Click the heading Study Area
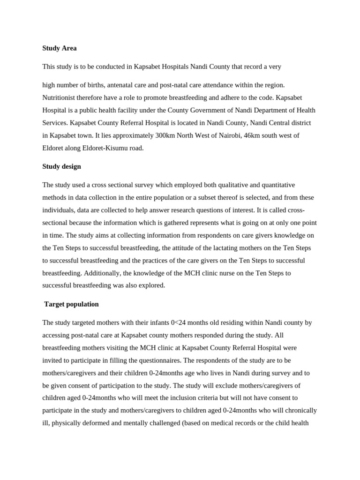tap(59, 48)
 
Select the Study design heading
tap(61, 166)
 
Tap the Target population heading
tap(71, 304)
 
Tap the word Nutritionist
tap(61, 97)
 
